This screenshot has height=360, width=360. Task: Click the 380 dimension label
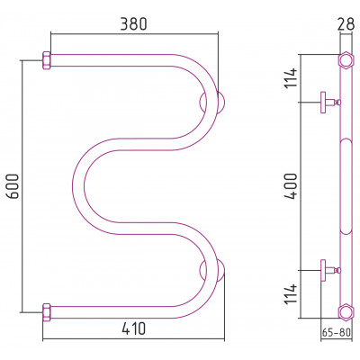pos(133,24)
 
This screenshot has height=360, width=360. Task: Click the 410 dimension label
pos(134,328)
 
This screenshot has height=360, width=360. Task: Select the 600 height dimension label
pos(13,186)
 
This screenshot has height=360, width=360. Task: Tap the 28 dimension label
pos(346,24)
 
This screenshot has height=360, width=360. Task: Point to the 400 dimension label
pos(291,186)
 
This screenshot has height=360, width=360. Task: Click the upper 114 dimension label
pos(291,78)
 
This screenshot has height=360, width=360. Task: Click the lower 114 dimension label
pos(291,294)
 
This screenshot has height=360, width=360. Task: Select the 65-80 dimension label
pos(337,332)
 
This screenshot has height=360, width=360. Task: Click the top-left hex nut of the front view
pos(47,60)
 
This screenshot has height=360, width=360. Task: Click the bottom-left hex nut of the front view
pos(47,312)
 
